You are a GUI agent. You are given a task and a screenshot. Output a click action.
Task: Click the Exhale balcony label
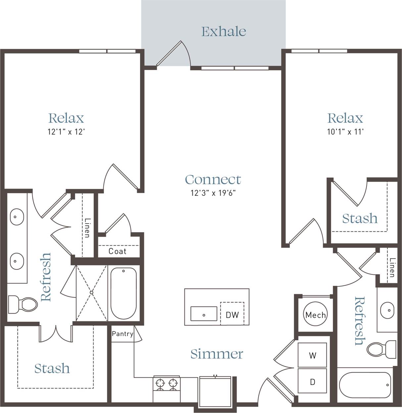(224, 32)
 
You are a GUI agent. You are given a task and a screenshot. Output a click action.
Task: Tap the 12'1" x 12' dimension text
(66, 132)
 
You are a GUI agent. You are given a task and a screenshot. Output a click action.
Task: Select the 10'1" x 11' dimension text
(345, 132)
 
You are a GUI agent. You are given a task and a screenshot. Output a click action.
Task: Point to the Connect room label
(213, 180)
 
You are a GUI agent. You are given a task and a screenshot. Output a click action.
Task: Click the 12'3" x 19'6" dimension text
(213, 193)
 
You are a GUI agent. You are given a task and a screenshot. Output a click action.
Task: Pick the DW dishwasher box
(232, 315)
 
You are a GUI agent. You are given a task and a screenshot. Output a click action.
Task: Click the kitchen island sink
(204, 314)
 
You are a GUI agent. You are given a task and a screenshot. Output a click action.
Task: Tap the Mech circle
(315, 315)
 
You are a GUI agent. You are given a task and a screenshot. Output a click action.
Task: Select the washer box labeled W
(312, 355)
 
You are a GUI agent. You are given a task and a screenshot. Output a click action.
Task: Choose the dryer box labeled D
(312, 382)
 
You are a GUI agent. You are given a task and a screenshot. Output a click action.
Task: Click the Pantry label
(122, 334)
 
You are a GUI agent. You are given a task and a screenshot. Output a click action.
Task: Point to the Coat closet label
(118, 252)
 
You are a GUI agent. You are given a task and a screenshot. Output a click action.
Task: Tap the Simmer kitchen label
(217, 354)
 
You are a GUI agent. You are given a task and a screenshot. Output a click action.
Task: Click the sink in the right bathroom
(387, 310)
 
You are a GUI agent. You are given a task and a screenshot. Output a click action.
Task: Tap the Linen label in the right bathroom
(392, 267)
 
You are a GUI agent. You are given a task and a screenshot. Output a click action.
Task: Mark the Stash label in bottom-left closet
(52, 369)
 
